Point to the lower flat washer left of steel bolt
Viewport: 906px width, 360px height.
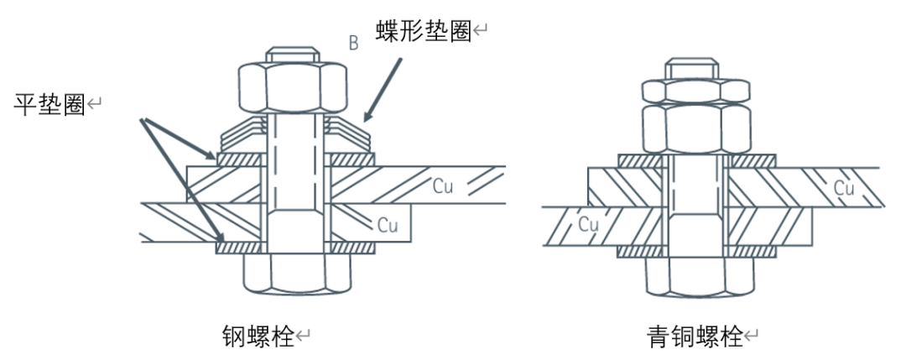tap(241, 248)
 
